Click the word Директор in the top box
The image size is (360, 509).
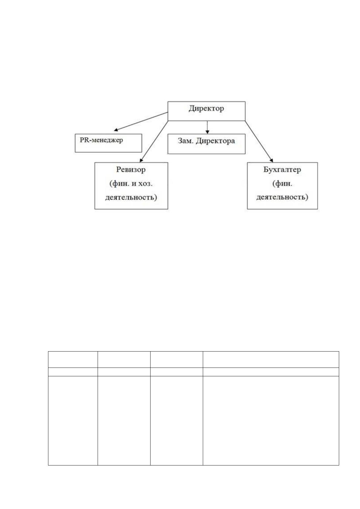pyautogui.click(x=206, y=109)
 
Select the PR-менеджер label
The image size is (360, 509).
pyautogui.click(x=101, y=140)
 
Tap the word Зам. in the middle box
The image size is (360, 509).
pyautogui.click(x=186, y=141)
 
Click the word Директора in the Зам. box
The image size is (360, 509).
pyautogui.click(x=215, y=141)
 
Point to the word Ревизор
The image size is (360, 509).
pyautogui.click(x=131, y=170)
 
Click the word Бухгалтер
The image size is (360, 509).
pyautogui.click(x=282, y=170)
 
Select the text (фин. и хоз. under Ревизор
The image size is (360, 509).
pyautogui.click(x=131, y=183)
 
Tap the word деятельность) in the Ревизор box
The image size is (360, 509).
pyautogui.click(x=131, y=197)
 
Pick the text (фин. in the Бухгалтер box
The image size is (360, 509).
pyautogui.click(x=282, y=183)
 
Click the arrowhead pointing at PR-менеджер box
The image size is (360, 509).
pyautogui.click(x=116, y=130)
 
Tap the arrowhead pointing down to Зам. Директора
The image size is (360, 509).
pyautogui.click(x=207, y=132)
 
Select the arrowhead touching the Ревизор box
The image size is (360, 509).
pyautogui.click(x=141, y=160)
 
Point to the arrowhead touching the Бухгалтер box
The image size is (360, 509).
pyautogui.click(x=271, y=160)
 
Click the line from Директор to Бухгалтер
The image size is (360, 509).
pyautogui.click(x=259, y=141)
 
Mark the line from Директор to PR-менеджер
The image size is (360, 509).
pyautogui.click(x=141, y=122)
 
